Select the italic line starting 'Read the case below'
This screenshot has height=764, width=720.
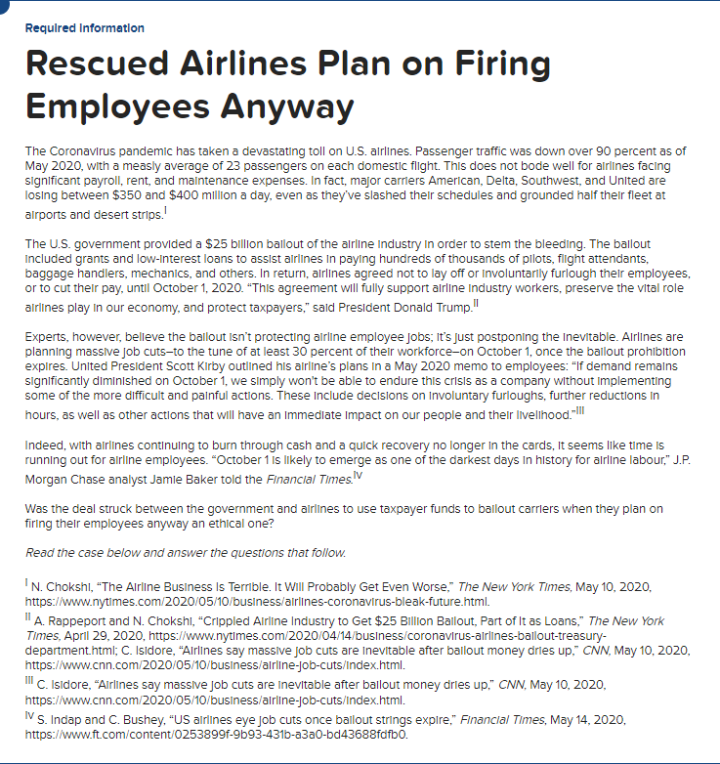click(x=186, y=552)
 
